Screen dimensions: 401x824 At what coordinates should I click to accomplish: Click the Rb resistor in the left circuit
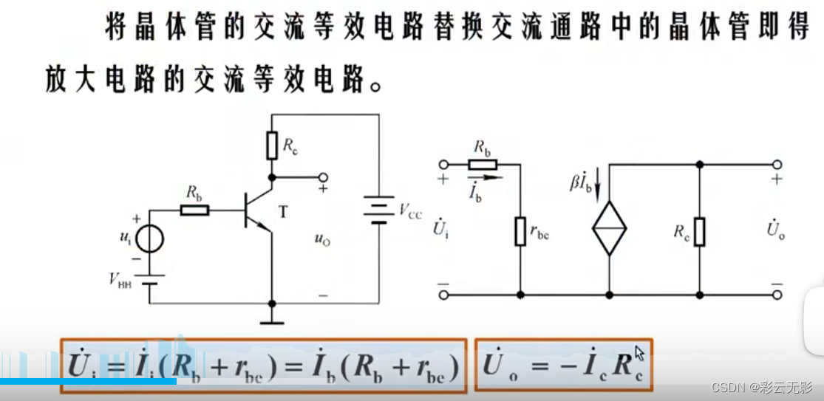pyautogui.click(x=195, y=210)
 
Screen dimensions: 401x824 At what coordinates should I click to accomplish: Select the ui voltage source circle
pyautogui.click(x=149, y=239)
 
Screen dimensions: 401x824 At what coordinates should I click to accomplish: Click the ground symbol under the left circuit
pyautogui.click(x=272, y=319)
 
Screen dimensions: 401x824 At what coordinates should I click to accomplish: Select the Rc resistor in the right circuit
pyautogui.click(x=698, y=231)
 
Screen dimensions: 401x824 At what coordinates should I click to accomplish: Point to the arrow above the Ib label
pyautogui.click(x=485, y=177)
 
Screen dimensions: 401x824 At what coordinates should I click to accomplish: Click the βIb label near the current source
pyautogui.click(x=582, y=182)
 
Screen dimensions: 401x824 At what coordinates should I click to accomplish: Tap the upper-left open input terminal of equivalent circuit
pyautogui.click(x=443, y=165)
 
